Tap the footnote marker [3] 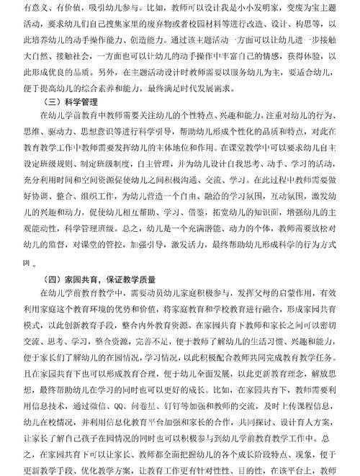[27, 263]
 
